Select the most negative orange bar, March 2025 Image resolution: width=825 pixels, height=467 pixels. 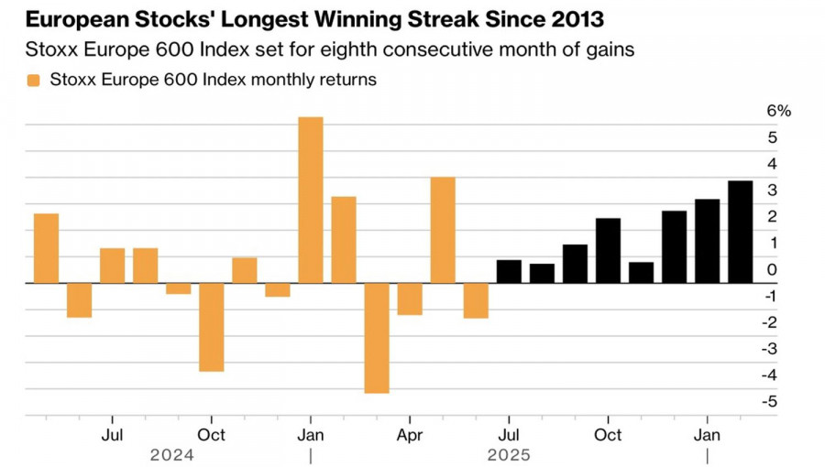pos(377,338)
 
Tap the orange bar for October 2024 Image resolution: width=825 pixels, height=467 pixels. pos(212,327)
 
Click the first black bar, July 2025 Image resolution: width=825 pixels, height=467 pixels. pos(509,272)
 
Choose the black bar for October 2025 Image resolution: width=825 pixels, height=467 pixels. pos(608,251)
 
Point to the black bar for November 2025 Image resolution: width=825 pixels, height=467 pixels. pos(641,273)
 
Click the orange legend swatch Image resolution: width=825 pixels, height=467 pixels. pos(34,80)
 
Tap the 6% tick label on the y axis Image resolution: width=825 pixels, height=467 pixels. pos(778,111)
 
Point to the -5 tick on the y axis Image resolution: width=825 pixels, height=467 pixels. pos(772,401)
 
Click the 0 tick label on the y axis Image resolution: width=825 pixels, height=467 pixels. pos(773,269)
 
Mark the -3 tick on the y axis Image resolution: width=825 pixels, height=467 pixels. pos(772,349)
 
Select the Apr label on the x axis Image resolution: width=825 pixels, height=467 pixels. pos(410,434)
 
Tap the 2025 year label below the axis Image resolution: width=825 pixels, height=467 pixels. pos(509,454)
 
